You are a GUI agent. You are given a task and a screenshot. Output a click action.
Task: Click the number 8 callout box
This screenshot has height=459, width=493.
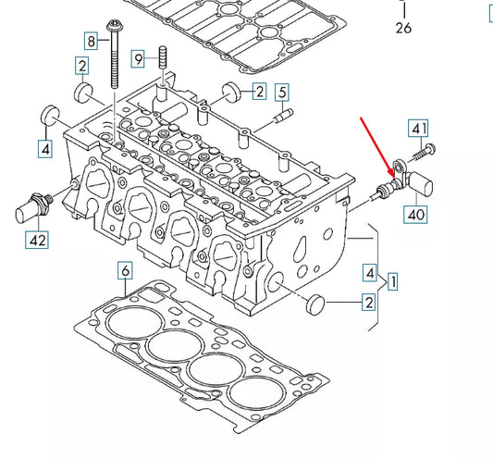coord(91,41)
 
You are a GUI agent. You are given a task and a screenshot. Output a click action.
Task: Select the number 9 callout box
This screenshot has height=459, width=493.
coord(138,59)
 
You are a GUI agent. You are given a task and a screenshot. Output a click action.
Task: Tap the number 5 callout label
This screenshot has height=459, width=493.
coord(282,92)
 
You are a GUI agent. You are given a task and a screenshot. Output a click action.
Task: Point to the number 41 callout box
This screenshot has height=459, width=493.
coord(420,129)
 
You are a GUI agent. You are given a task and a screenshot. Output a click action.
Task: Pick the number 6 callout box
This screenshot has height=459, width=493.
coord(126,271)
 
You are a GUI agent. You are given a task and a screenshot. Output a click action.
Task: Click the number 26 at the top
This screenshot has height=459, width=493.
coord(403,29)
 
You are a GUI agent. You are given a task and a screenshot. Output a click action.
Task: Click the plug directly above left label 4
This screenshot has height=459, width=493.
coord(50,116)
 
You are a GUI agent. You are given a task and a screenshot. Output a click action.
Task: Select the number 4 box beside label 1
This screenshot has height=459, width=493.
coord(370,273)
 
